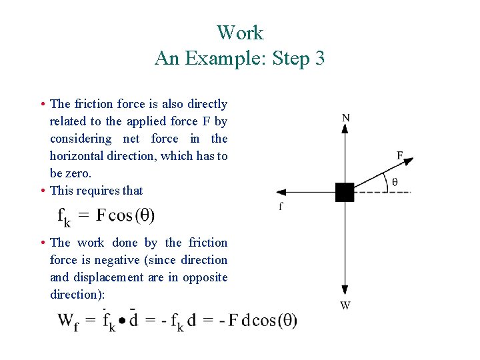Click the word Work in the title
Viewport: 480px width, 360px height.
(x=240, y=33)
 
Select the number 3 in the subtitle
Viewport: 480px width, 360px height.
(x=319, y=59)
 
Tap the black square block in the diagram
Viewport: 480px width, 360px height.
(x=345, y=192)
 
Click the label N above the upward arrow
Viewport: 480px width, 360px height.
(x=345, y=118)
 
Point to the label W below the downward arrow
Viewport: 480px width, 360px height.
(x=345, y=305)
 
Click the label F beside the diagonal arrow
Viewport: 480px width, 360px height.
(x=400, y=155)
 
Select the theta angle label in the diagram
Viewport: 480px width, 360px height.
(x=395, y=181)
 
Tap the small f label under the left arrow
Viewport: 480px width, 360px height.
(x=281, y=207)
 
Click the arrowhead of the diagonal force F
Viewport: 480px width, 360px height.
(x=409, y=161)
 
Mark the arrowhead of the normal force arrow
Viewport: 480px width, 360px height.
(x=345, y=128)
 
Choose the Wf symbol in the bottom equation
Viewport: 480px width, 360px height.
(x=68, y=321)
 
